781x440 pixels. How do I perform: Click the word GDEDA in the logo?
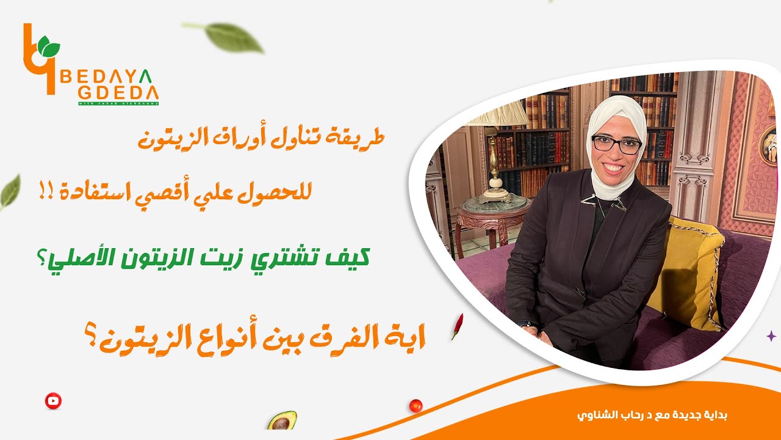click(118, 94)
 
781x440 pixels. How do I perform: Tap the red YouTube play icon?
click(53, 401)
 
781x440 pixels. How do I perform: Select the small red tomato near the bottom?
click(416, 405)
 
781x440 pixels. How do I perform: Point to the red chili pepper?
click(457, 326)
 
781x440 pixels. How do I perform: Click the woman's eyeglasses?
click(616, 145)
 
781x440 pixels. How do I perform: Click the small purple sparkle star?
click(771, 335)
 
